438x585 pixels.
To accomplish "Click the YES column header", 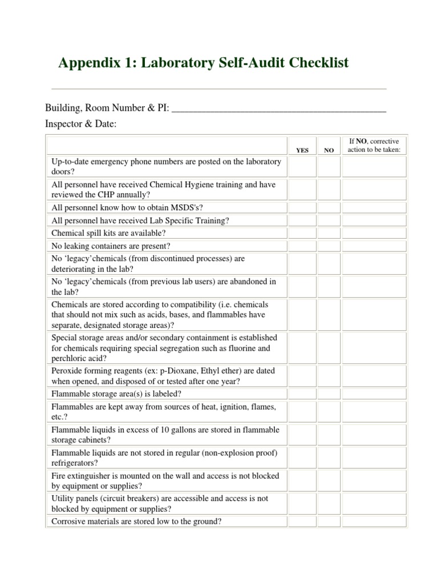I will coord(302,150).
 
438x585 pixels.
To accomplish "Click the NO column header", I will coord(328,150).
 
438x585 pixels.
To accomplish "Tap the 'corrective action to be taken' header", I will coord(374,146).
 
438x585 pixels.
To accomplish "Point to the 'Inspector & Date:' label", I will coord(80,124).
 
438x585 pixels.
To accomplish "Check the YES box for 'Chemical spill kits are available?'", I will coord(302,233).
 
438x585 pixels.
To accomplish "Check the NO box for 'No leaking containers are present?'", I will coord(328,246).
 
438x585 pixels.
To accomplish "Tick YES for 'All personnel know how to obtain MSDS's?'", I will coord(302,208).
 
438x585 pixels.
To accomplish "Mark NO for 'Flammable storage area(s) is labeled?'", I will coord(328,394).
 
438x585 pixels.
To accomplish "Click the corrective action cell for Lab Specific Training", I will coord(374,221).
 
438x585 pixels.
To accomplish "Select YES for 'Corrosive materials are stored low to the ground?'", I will coord(302,521).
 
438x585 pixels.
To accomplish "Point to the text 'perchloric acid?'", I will coord(78,358).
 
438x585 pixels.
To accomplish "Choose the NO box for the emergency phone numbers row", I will coord(328,167).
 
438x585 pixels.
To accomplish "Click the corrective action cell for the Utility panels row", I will coord(374,503).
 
